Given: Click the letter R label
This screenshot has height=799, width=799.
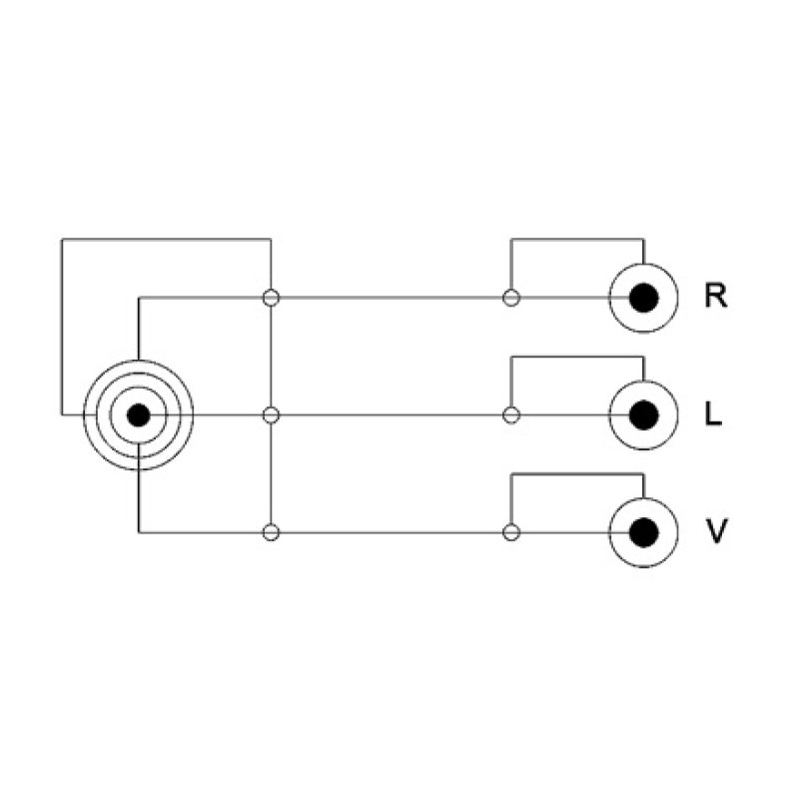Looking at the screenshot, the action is tap(715, 296).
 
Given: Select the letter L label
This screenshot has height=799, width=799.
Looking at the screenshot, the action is tap(713, 413).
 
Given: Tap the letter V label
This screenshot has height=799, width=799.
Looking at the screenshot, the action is tap(716, 531).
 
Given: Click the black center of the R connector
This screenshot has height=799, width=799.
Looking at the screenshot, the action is tap(643, 298).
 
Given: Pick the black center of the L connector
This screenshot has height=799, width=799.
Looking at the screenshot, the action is tap(643, 414).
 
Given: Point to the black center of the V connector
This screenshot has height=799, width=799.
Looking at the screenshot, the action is tap(643, 532).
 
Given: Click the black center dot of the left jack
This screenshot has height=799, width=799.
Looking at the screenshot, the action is tap(139, 414).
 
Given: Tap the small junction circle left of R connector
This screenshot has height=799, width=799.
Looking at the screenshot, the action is tap(511, 298).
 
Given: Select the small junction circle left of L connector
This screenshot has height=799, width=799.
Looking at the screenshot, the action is tap(511, 414).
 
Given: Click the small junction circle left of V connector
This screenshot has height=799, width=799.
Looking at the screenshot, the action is tap(511, 532).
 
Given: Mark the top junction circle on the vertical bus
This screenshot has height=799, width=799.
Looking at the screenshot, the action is tap(271, 298).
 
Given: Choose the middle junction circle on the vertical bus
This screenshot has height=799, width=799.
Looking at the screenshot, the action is tap(271, 414).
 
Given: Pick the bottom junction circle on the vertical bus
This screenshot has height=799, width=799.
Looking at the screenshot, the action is tap(271, 532).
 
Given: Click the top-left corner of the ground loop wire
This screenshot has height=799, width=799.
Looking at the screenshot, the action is tap(62, 239).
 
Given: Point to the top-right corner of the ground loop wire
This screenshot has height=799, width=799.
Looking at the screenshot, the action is tap(271, 239).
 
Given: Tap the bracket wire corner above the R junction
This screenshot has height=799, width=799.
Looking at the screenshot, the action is tap(511, 239).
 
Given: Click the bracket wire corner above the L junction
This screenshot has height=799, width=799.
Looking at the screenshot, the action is tap(511, 357).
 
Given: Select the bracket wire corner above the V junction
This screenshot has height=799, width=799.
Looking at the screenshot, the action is tap(511, 474).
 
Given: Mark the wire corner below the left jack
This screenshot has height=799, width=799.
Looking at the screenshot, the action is tap(139, 532).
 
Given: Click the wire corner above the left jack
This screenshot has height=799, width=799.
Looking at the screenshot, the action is tap(139, 298).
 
